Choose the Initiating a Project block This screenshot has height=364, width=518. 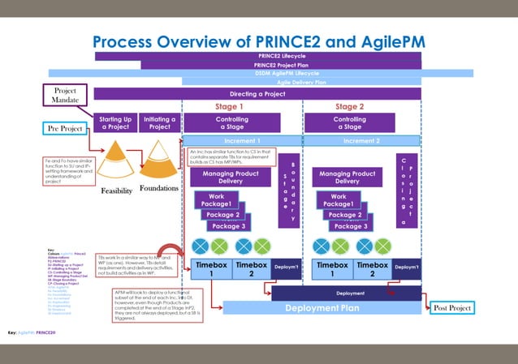click(x=160, y=123)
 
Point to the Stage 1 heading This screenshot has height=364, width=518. click(x=229, y=107)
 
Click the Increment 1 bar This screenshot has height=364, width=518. click(x=242, y=140)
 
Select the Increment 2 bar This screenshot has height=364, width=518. click(x=361, y=140)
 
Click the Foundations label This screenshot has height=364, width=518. click(x=159, y=189)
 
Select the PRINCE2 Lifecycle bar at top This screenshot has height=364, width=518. click(x=258, y=56)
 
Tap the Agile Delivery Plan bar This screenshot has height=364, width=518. click(x=301, y=82)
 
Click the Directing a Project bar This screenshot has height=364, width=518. click(x=259, y=94)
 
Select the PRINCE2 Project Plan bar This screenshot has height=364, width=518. click(x=281, y=65)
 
